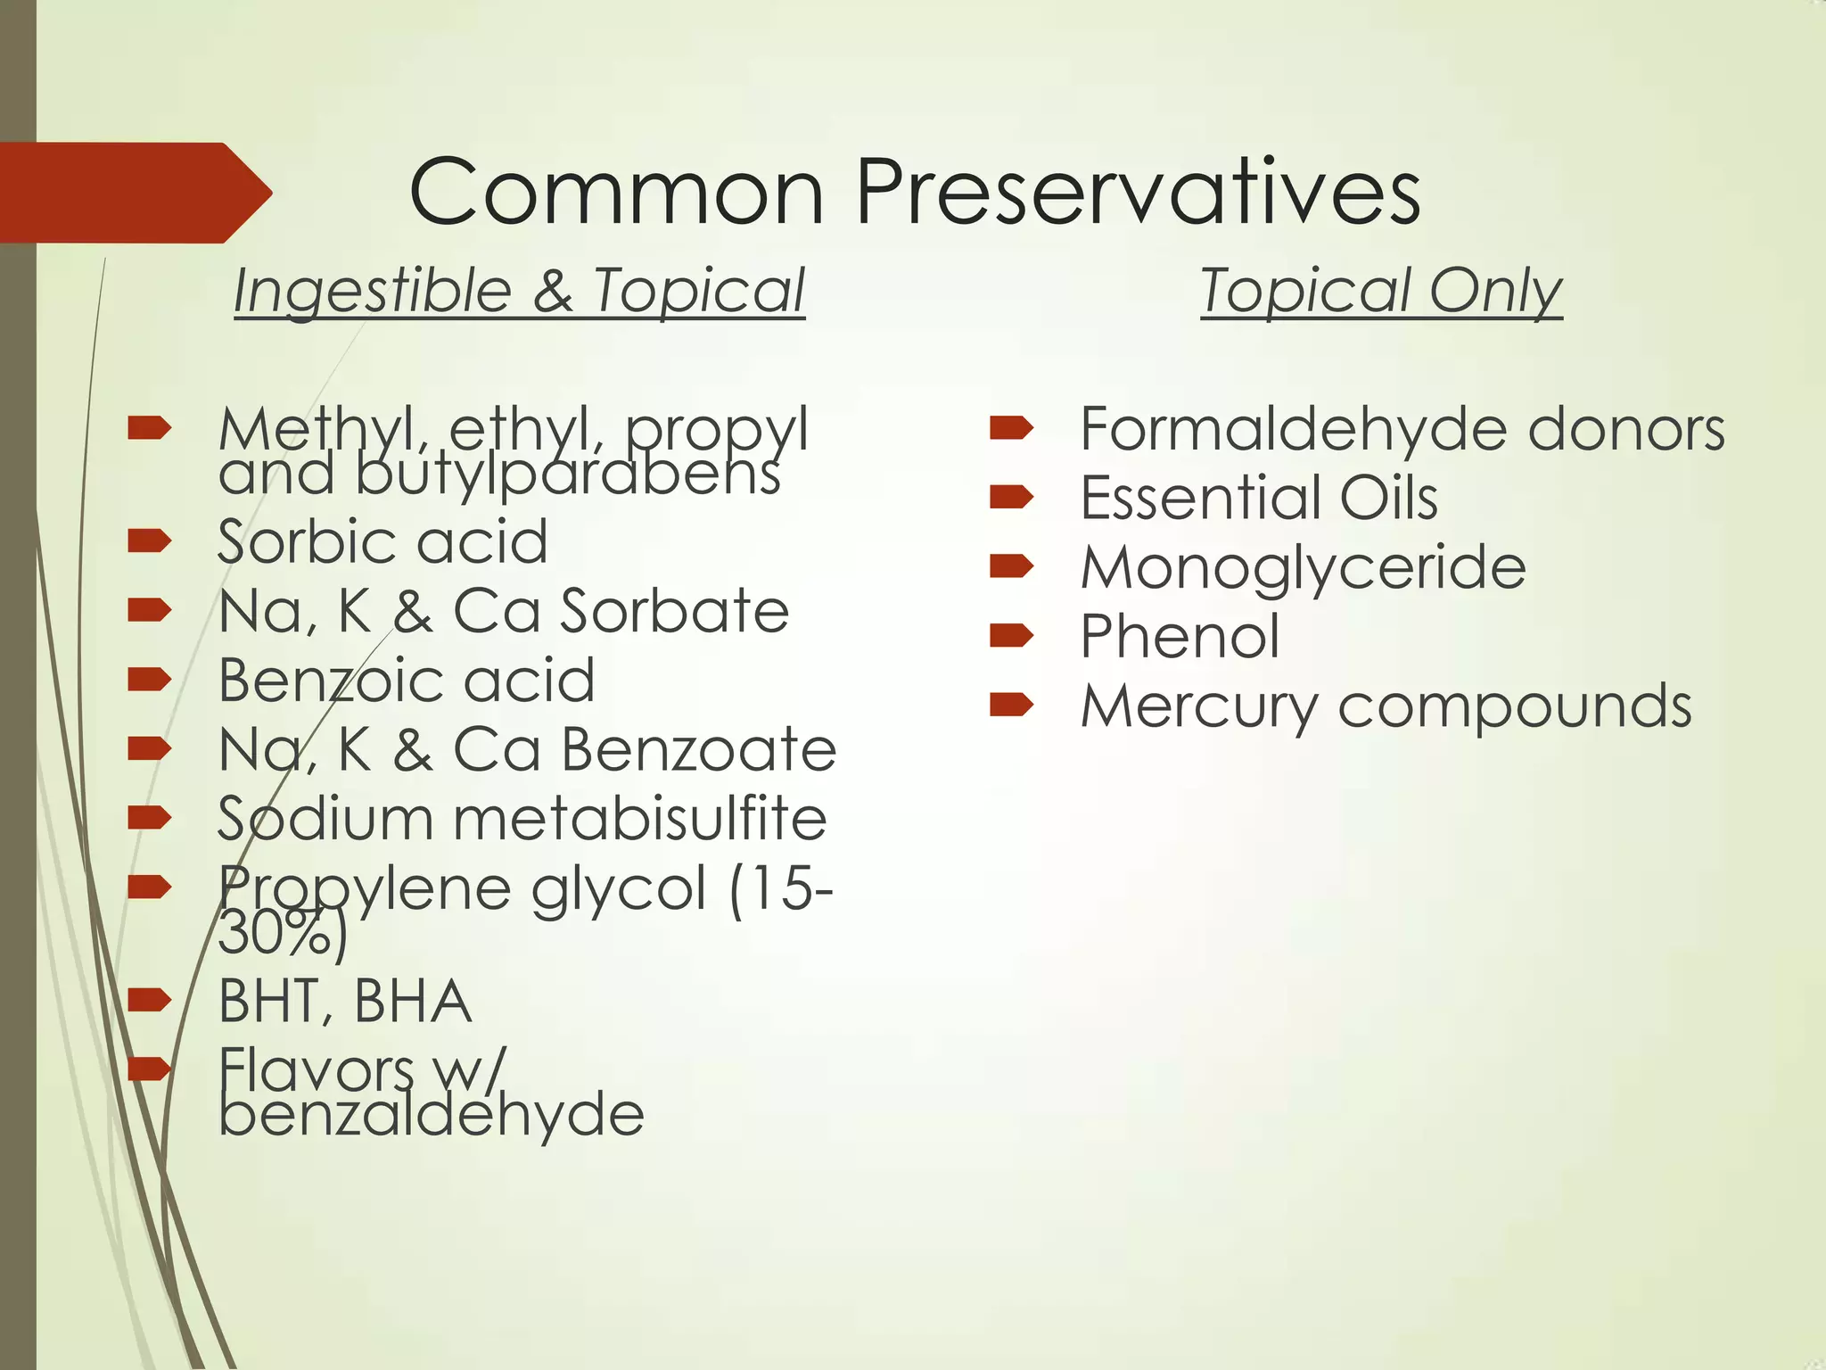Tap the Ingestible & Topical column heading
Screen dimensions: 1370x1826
[x=519, y=291]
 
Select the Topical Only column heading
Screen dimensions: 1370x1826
[x=1381, y=291]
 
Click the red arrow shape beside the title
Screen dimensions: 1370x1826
[x=134, y=193]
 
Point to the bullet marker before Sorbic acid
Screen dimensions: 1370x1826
[x=149, y=541]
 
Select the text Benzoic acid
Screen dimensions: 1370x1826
[x=407, y=680]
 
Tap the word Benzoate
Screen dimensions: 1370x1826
[x=698, y=749]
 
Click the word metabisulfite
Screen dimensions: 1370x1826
[x=640, y=819]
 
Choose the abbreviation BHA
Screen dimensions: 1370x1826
[x=412, y=1002]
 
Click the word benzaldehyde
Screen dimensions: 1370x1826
[x=432, y=1115]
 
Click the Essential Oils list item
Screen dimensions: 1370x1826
[x=1259, y=498]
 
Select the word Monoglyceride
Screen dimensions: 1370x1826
[x=1304, y=568]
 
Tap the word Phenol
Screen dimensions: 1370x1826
[x=1180, y=637]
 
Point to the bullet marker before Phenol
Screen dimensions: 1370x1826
[x=1011, y=636]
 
